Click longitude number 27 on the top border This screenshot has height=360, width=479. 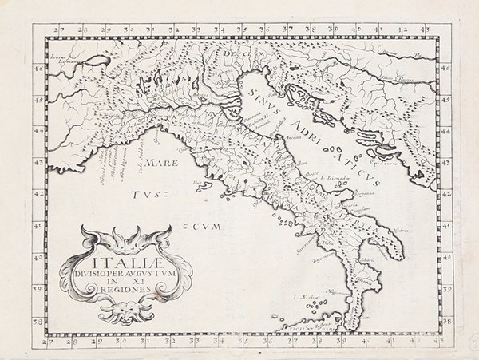(x=57, y=30)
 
